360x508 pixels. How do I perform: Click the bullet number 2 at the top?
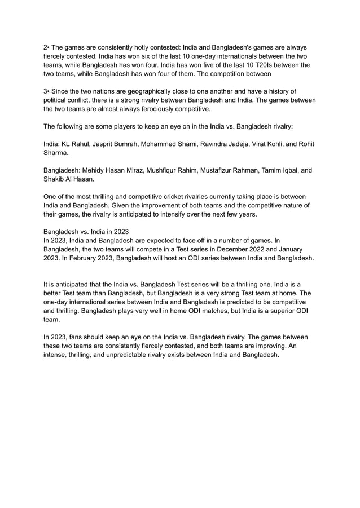click(x=45, y=47)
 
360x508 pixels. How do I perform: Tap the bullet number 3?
click(x=45, y=91)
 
